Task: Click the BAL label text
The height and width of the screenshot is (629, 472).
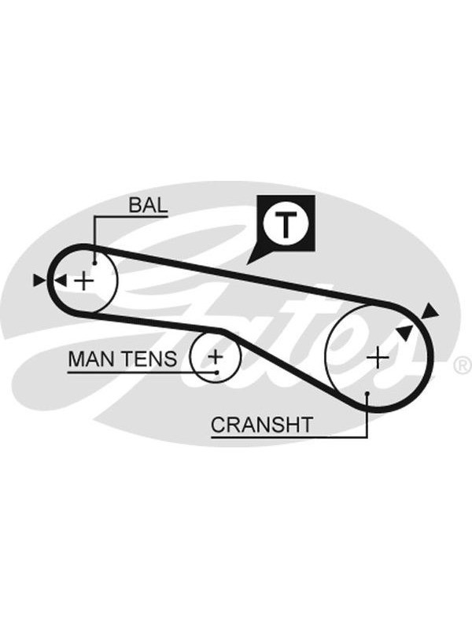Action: click(148, 205)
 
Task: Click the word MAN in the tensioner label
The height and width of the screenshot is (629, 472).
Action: click(90, 359)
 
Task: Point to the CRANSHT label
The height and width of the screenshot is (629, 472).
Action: click(262, 425)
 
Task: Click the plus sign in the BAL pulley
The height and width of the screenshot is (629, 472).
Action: click(84, 281)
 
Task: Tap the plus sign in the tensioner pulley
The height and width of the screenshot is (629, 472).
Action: click(216, 356)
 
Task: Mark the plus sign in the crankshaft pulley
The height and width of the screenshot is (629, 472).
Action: click(378, 358)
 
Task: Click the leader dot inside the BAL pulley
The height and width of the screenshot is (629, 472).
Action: click(94, 263)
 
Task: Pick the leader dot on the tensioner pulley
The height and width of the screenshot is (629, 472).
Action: click(217, 372)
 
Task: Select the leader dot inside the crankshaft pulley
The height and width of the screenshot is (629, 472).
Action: click(367, 394)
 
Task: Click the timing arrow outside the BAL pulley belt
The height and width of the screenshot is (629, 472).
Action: click(39, 281)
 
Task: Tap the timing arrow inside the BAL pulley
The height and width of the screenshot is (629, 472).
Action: click(61, 281)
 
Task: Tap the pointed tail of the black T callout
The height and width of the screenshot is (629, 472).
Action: click(247, 263)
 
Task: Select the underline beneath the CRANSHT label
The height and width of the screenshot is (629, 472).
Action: click(289, 436)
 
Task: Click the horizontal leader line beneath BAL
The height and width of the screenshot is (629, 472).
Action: click(131, 217)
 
